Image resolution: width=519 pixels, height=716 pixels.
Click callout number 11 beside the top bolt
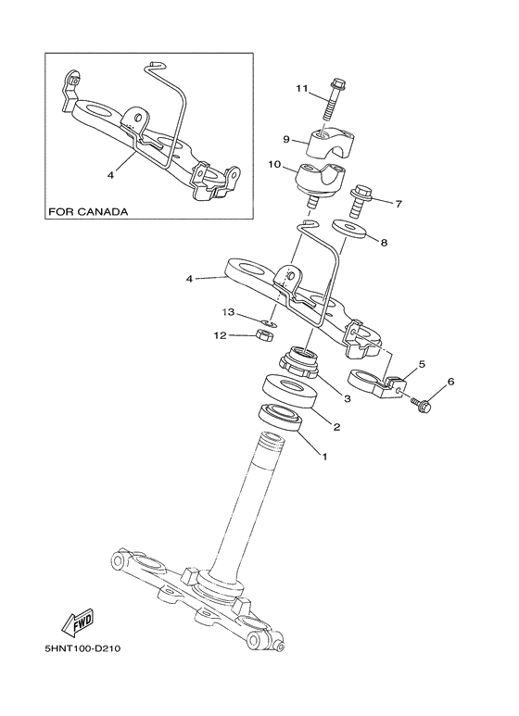pyautogui.click(x=301, y=88)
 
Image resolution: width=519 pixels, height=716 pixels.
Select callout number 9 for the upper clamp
pyautogui.click(x=287, y=140)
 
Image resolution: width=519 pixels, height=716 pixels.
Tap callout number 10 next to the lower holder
pyautogui.click(x=274, y=164)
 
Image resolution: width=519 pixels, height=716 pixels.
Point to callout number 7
pyautogui.click(x=399, y=203)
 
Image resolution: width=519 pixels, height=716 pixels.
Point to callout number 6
pyautogui.click(x=451, y=381)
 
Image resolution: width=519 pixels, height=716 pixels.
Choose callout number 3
pyautogui.click(x=347, y=399)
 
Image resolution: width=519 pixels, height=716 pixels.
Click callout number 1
pyautogui.click(x=323, y=456)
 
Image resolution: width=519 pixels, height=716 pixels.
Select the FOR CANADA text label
pyautogui.click(x=88, y=211)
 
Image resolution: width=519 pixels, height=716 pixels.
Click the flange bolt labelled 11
pyautogui.click(x=335, y=96)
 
